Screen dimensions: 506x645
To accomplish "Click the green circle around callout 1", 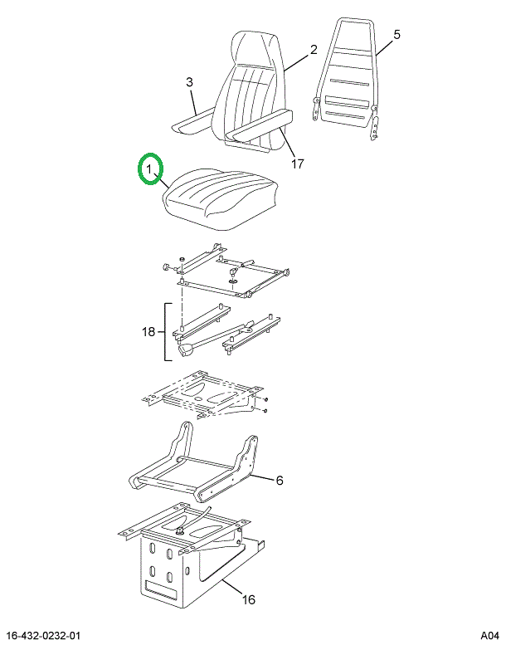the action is coord(138,169).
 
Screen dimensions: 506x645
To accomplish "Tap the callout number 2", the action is coord(314,50).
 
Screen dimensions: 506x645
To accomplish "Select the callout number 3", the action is coord(189,82).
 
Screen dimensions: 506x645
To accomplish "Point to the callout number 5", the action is coord(397,35).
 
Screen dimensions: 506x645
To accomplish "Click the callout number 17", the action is coord(297,164).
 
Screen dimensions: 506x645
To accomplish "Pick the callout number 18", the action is coord(148,331).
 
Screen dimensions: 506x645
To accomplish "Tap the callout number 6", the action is coord(280,480).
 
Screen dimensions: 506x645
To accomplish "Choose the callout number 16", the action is coord(248,599).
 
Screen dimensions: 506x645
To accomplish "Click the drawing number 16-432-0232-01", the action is coord(44,636).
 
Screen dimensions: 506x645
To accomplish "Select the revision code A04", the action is coord(489,636).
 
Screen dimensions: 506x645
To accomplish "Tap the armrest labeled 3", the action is coord(192,122).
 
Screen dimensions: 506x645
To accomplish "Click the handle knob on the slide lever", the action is coord(188,352).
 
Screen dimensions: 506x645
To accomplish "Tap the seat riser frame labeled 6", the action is coord(193,462).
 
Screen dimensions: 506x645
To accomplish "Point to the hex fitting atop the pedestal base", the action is coord(179,531).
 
